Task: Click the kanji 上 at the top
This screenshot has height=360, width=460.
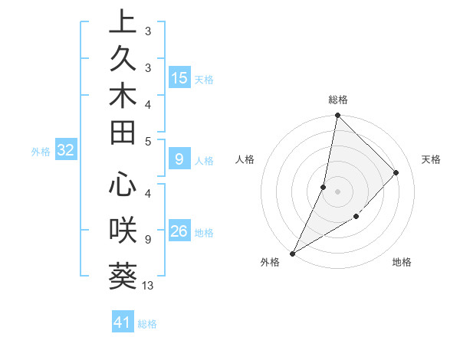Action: click(123, 23)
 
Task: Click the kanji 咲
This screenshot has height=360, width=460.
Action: click(123, 227)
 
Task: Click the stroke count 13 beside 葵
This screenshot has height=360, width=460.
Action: click(148, 286)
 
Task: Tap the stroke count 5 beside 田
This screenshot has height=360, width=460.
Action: click(148, 141)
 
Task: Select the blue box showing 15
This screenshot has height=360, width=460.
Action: click(179, 78)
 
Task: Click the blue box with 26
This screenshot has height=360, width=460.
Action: click(179, 231)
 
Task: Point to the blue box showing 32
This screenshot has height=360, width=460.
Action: click(65, 150)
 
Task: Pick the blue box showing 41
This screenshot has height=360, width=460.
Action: click(123, 322)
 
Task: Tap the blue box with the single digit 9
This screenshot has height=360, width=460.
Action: click(179, 159)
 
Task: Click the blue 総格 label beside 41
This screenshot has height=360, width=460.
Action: click(147, 324)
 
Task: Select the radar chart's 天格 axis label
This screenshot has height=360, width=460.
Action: click(432, 159)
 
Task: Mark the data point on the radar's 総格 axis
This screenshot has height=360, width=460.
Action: click(337, 116)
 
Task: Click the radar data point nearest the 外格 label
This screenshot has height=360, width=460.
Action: click(293, 253)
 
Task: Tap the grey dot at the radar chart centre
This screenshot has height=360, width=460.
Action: click(337, 191)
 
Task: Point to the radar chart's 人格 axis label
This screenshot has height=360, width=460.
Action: click(245, 159)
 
